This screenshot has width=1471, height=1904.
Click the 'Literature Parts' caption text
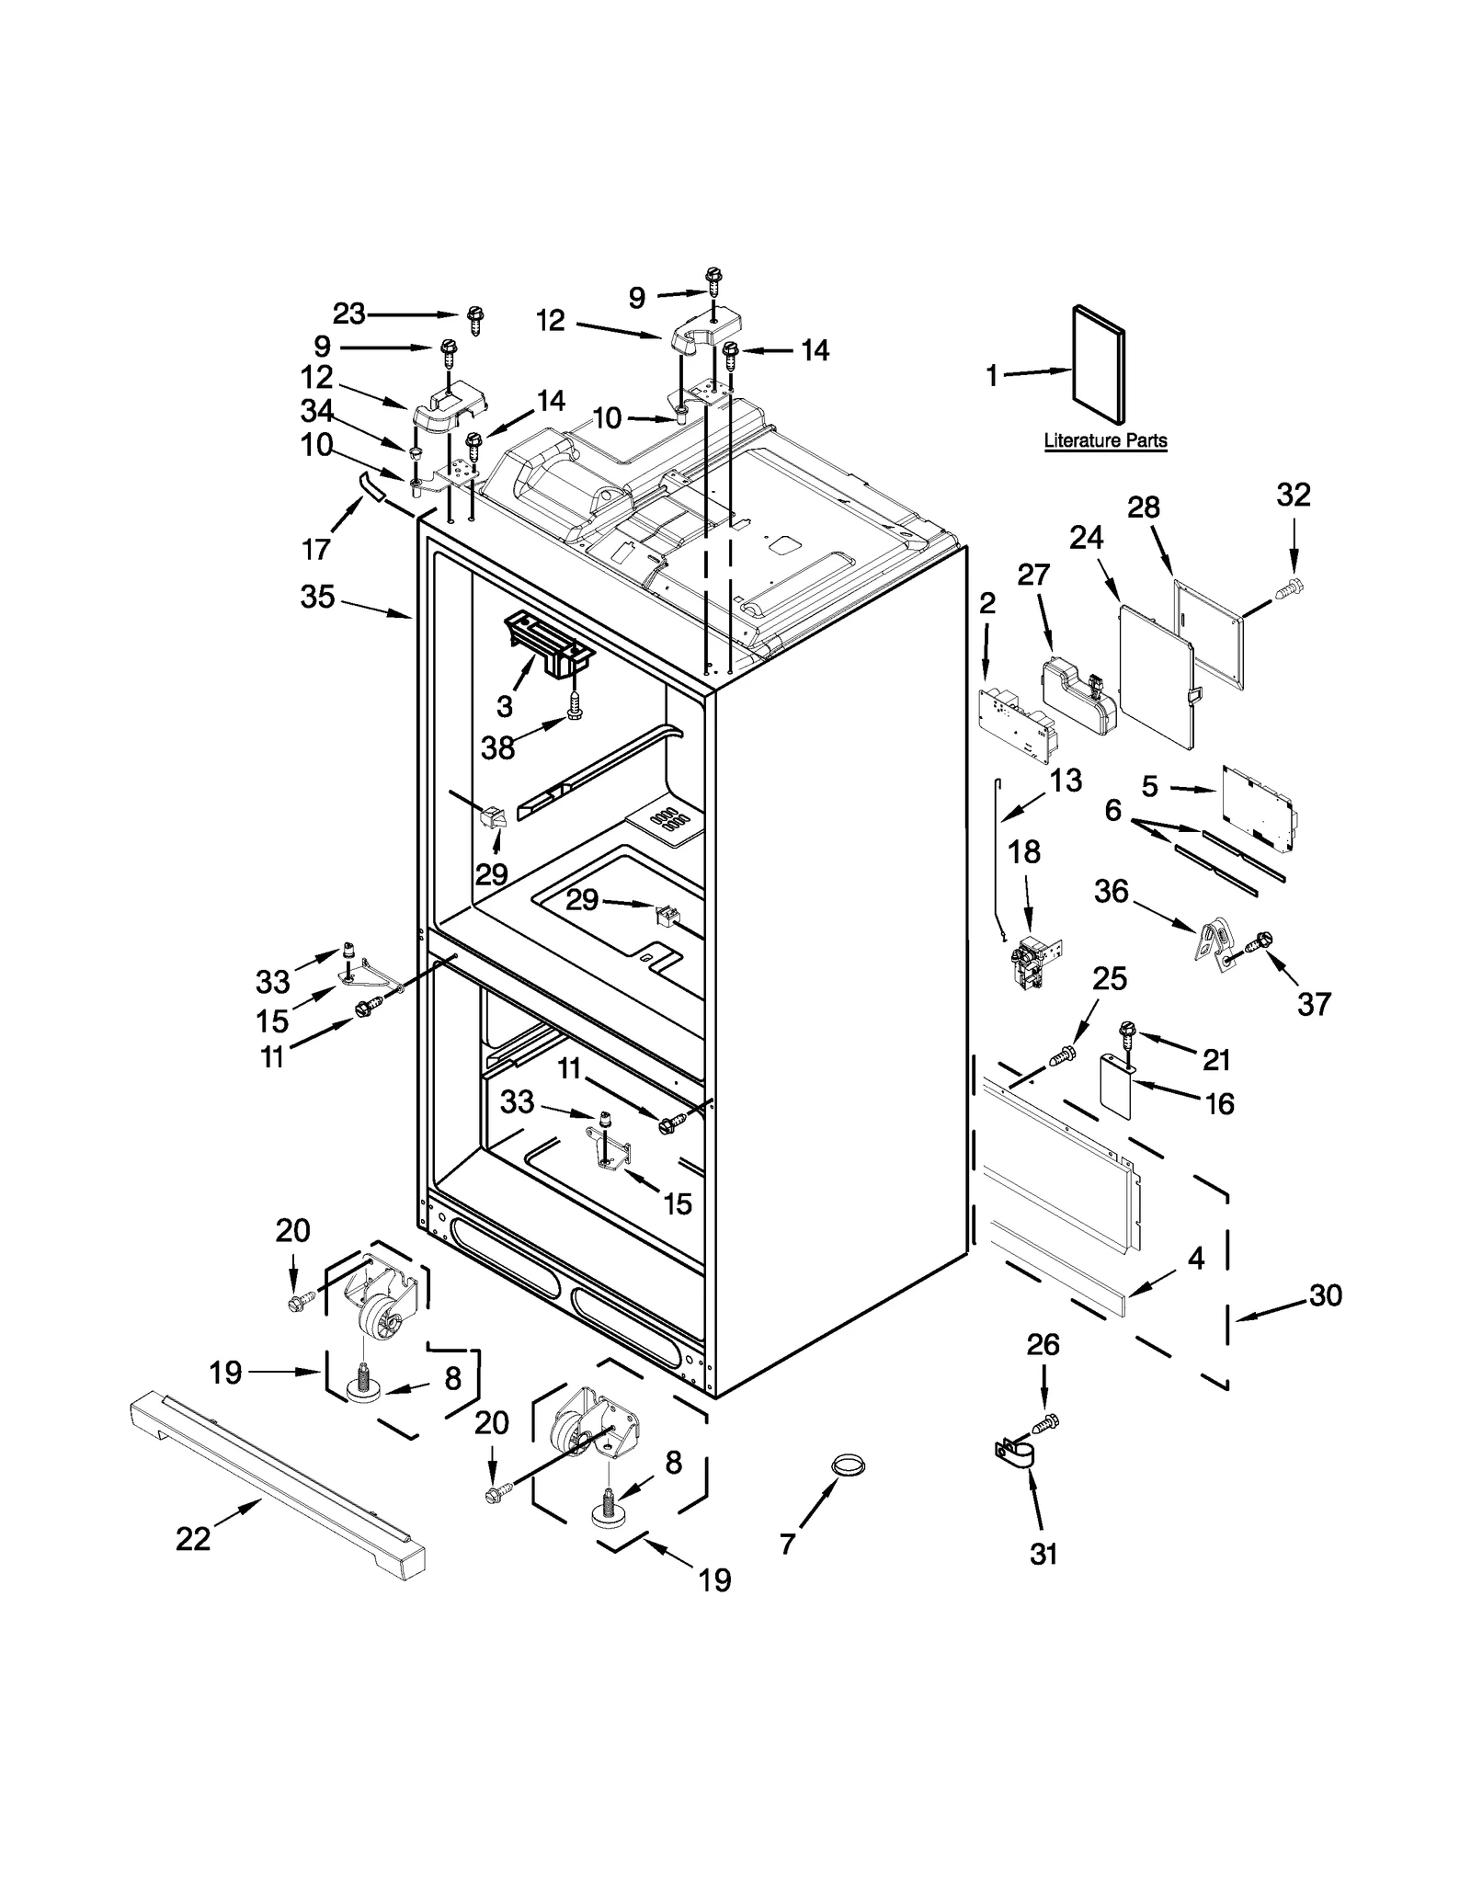tap(1105, 441)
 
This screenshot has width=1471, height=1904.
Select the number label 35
tap(317, 597)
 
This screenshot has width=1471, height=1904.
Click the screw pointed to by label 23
tap(476, 320)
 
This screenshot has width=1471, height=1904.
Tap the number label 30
tap(1325, 1295)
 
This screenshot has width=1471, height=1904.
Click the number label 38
tap(498, 747)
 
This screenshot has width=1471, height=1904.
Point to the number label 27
tap(1033, 575)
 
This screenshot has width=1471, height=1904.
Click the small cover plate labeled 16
tap(1117, 1085)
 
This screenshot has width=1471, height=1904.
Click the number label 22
tap(193, 1538)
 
